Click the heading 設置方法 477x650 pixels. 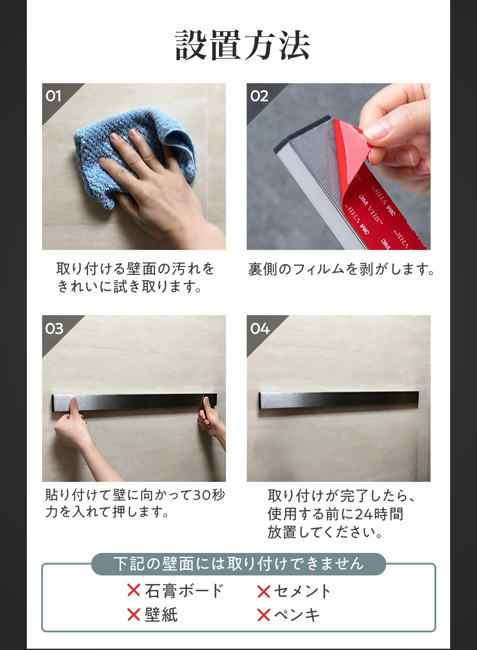coord(242,45)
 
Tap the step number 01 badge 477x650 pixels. coord(54,96)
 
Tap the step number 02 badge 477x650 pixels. coord(259,96)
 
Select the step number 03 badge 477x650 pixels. coord(54,328)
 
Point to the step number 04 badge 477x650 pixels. coord(260,328)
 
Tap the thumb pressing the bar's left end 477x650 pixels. coord(74,407)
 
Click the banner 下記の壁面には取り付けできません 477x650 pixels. coord(238,564)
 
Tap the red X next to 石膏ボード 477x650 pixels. coord(134,590)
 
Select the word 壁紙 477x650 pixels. coord(161,614)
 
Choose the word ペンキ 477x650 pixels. coord(297,614)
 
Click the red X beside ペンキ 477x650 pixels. coord(264,615)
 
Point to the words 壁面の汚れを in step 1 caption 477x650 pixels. coord(171,269)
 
